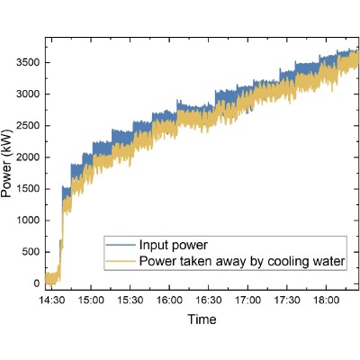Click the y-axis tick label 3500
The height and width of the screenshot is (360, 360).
point(28,62)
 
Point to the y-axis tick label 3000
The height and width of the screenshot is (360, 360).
point(28,94)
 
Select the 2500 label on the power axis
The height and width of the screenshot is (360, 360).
point(28,126)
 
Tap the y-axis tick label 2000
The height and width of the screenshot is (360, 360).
point(28,157)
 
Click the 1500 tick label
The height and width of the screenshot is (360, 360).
point(28,189)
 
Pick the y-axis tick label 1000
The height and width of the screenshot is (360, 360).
point(28,220)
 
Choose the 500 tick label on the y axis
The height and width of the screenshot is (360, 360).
point(31,252)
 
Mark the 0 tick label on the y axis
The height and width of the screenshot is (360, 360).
point(37,283)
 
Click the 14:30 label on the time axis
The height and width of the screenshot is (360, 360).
point(52,300)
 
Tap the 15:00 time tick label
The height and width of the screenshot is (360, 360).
point(91,300)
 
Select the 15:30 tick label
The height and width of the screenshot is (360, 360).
point(130,300)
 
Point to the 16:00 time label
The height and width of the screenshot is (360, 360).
point(169,300)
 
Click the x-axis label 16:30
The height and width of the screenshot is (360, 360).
point(209,300)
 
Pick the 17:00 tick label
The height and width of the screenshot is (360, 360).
point(247,300)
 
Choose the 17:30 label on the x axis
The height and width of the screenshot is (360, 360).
point(287,300)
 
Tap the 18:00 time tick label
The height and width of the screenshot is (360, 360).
point(327,300)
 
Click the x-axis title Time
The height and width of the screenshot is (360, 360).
point(202,319)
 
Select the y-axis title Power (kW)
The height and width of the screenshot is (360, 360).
point(6,164)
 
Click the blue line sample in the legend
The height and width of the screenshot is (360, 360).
point(121,245)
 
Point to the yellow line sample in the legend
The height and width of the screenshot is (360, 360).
point(121,261)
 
